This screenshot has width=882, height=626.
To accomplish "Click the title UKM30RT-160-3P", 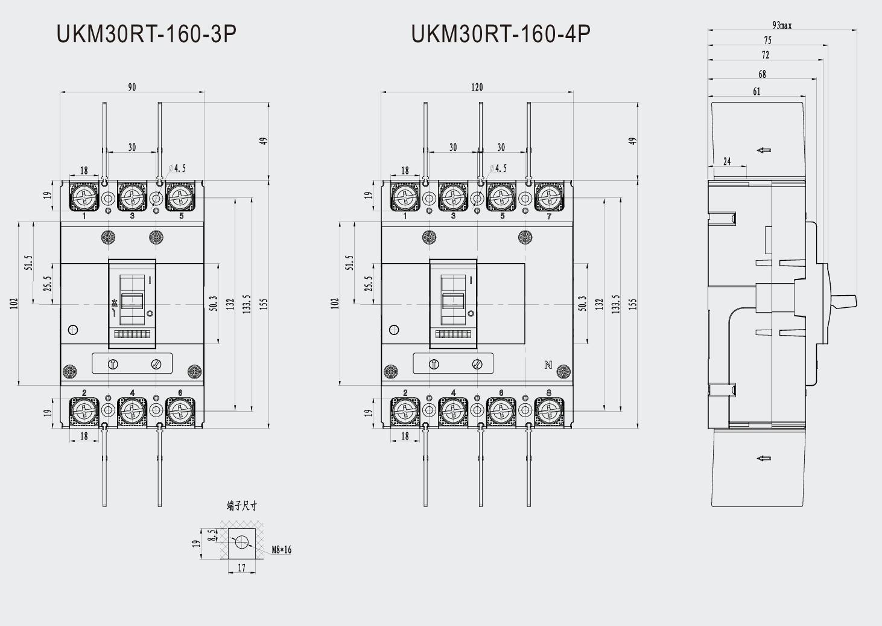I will pos(146,34).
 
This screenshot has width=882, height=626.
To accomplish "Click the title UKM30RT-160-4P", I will pos(501,34).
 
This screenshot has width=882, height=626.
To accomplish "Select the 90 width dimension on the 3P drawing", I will pos(132,87).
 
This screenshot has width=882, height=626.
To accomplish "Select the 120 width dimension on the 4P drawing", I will pos(477,87).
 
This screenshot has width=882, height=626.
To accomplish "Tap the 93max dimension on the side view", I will pos(781,25).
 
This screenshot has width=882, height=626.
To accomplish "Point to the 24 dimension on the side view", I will pos(727,161).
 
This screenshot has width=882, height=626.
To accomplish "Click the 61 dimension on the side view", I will pos(757,92).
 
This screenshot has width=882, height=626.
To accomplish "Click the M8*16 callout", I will pos(281,550).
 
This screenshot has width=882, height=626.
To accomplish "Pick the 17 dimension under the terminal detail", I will pos(241,568).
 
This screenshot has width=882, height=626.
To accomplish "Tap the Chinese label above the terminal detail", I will pos(241,506).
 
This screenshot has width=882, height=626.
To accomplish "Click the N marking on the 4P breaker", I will pos(548,365).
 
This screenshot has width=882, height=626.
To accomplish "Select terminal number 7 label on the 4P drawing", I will pos(548,216).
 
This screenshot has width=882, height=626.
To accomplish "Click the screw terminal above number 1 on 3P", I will pos(84,197).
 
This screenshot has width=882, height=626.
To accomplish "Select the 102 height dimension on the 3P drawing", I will pos(14,303).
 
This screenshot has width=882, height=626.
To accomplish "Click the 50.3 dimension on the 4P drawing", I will pos(582,303).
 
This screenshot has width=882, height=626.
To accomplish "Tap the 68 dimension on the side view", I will pos(762,74).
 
